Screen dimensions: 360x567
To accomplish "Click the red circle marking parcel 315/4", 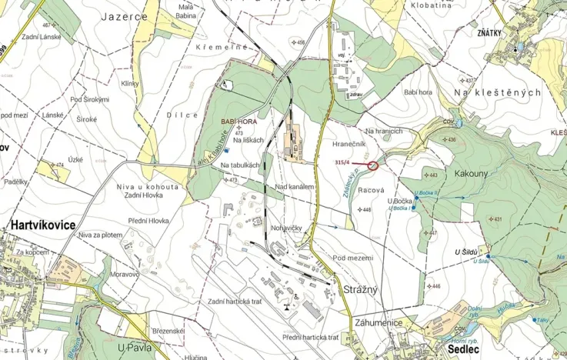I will [373, 165].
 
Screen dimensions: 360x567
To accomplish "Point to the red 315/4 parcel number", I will [343, 162].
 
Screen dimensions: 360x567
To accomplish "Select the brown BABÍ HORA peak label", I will [238, 122].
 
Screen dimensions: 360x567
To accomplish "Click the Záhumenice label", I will [378, 322].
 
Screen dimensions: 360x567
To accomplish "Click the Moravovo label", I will [124, 273].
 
